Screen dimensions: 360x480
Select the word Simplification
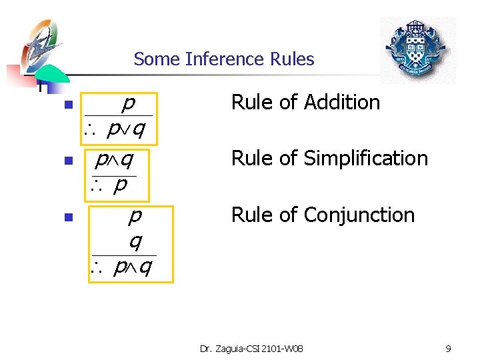(365, 159)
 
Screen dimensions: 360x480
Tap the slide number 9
(449, 348)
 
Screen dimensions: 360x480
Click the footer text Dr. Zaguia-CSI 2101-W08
(251, 348)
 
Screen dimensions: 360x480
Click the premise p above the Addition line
(129, 103)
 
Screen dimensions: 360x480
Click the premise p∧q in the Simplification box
(114, 160)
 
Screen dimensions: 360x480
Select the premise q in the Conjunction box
(135, 241)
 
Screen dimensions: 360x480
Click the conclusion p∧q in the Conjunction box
(133, 267)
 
